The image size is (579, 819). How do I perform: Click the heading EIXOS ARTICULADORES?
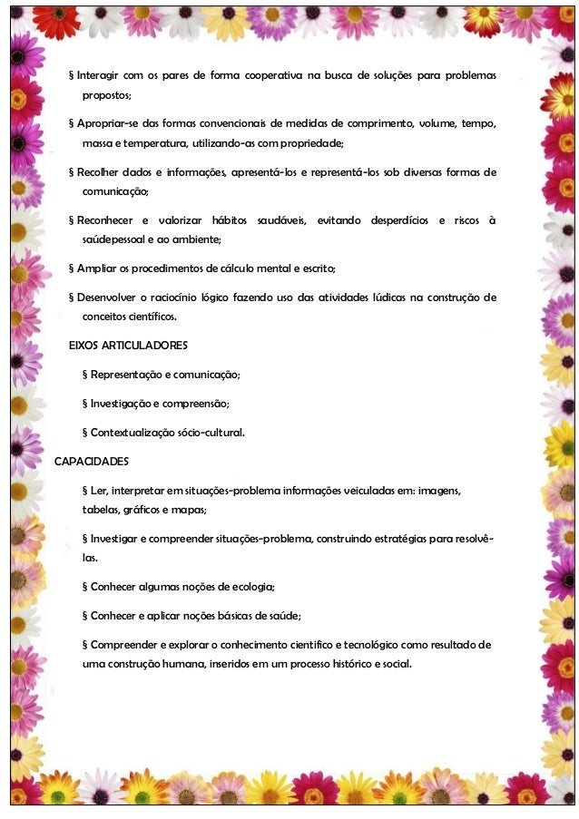coord(128,346)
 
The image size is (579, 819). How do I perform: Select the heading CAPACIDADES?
coord(92,462)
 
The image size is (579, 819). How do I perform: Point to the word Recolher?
coord(101,172)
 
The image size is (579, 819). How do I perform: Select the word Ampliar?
coord(95,269)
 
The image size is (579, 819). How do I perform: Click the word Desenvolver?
coord(113,297)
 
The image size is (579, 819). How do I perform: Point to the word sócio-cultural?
coord(211,433)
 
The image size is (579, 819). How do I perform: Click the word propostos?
coord(107,94)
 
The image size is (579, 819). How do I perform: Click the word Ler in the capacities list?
coord(99,491)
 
